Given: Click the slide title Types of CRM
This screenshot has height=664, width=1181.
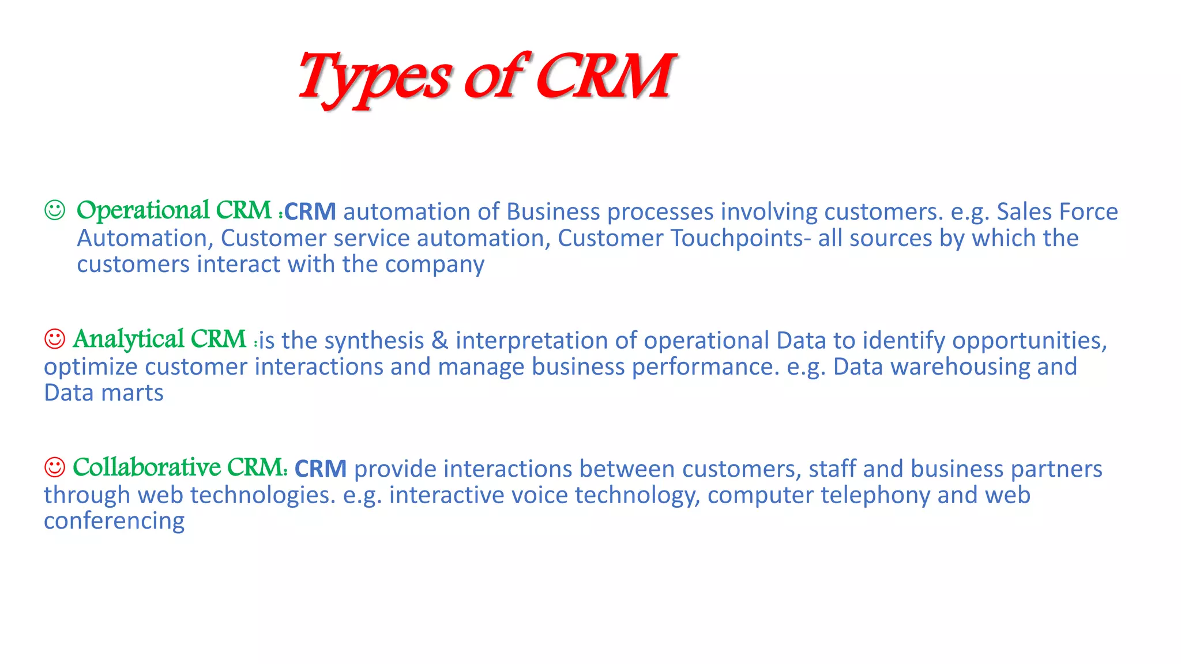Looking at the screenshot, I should tap(486, 77).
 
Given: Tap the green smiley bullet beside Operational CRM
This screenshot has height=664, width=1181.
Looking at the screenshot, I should tap(55, 210).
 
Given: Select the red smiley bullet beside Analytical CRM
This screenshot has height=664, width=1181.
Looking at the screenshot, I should tap(55, 338).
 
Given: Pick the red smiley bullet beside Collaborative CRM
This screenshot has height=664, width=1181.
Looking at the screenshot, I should tap(55, 467).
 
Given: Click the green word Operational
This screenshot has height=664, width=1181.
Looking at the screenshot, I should tap(143, 210).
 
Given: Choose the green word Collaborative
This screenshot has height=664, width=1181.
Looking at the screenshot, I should tap(147, 467).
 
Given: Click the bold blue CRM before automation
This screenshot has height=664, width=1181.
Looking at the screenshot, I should tap(310, 212).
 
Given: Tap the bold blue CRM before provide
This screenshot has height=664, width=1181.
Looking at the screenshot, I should tap(321, 469).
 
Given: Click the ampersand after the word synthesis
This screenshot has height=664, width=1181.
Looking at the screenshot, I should tap(439, 340).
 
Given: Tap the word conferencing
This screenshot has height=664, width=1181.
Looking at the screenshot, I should tap(114, 521).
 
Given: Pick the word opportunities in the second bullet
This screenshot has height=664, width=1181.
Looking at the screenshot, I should tap(1029, 341).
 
